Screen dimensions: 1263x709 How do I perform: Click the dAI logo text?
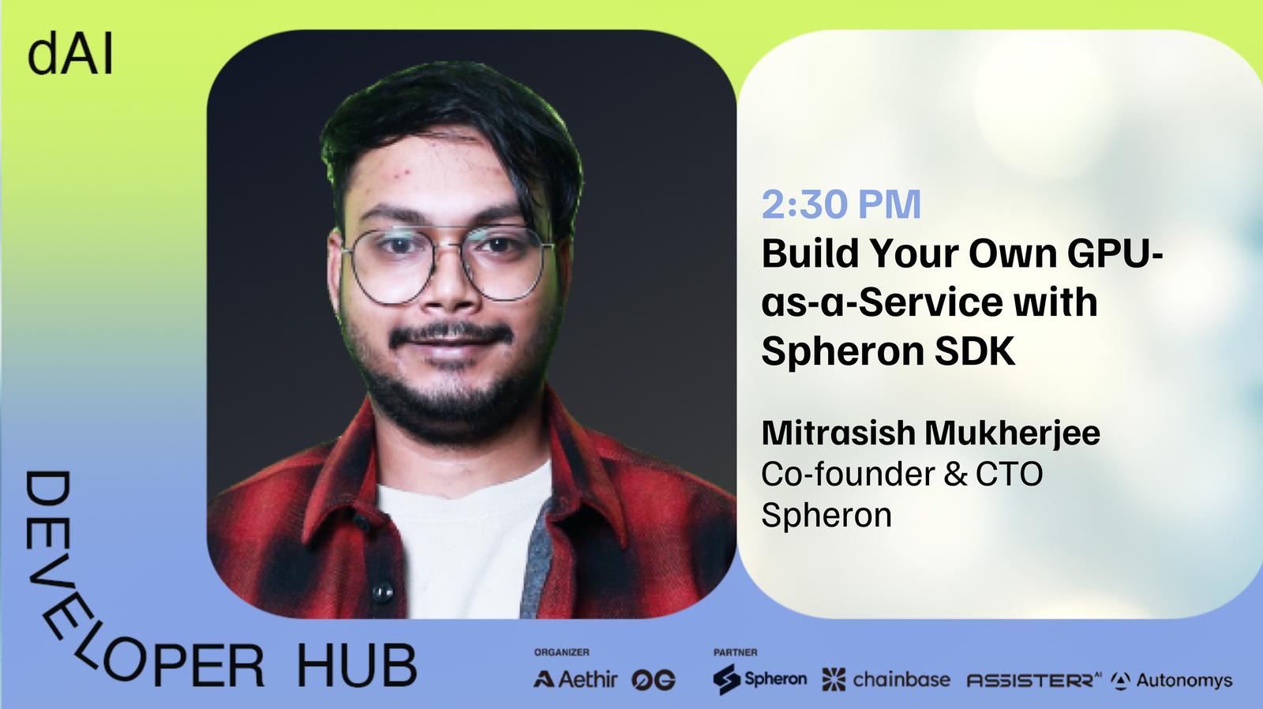pyautogui.click(x=70, y=54)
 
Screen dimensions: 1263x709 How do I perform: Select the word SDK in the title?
pyautogui.click(x=975, y=351)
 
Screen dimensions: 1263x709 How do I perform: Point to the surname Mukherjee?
pyautogui.click(x=1012, y=433)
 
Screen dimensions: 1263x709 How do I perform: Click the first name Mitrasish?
pyautogui.click(x=839, y=433)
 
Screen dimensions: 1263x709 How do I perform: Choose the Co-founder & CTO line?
pyautogui.click(x=902, y=475)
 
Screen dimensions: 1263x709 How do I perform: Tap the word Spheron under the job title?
pyautogui.click(x=826, y=516)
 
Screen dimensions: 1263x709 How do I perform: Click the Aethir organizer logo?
pyautogui.click(x=575, y=679)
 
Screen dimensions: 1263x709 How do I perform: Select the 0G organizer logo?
pyautogui.click(x=654, y=681)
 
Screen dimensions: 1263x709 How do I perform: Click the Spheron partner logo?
pyautogui.click(x=759, y=679)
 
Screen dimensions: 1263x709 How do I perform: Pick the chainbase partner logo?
pyautogui.click(x=886, y=680)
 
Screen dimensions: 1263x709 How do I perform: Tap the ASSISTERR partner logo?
pyautogui.click(x=1034, y=681)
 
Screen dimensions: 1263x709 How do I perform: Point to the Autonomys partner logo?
pyautogui.click(x=1171, y=681)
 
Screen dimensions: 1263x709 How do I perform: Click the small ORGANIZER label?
pyautogui.click(x=561, y=653)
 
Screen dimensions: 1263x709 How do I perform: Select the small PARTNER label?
pyautogui.click(x=735, y=653)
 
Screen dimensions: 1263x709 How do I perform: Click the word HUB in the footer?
pyautogui.click(x=357, y=666)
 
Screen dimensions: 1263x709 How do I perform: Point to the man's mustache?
pyautogui.click(x=452, y=334)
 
